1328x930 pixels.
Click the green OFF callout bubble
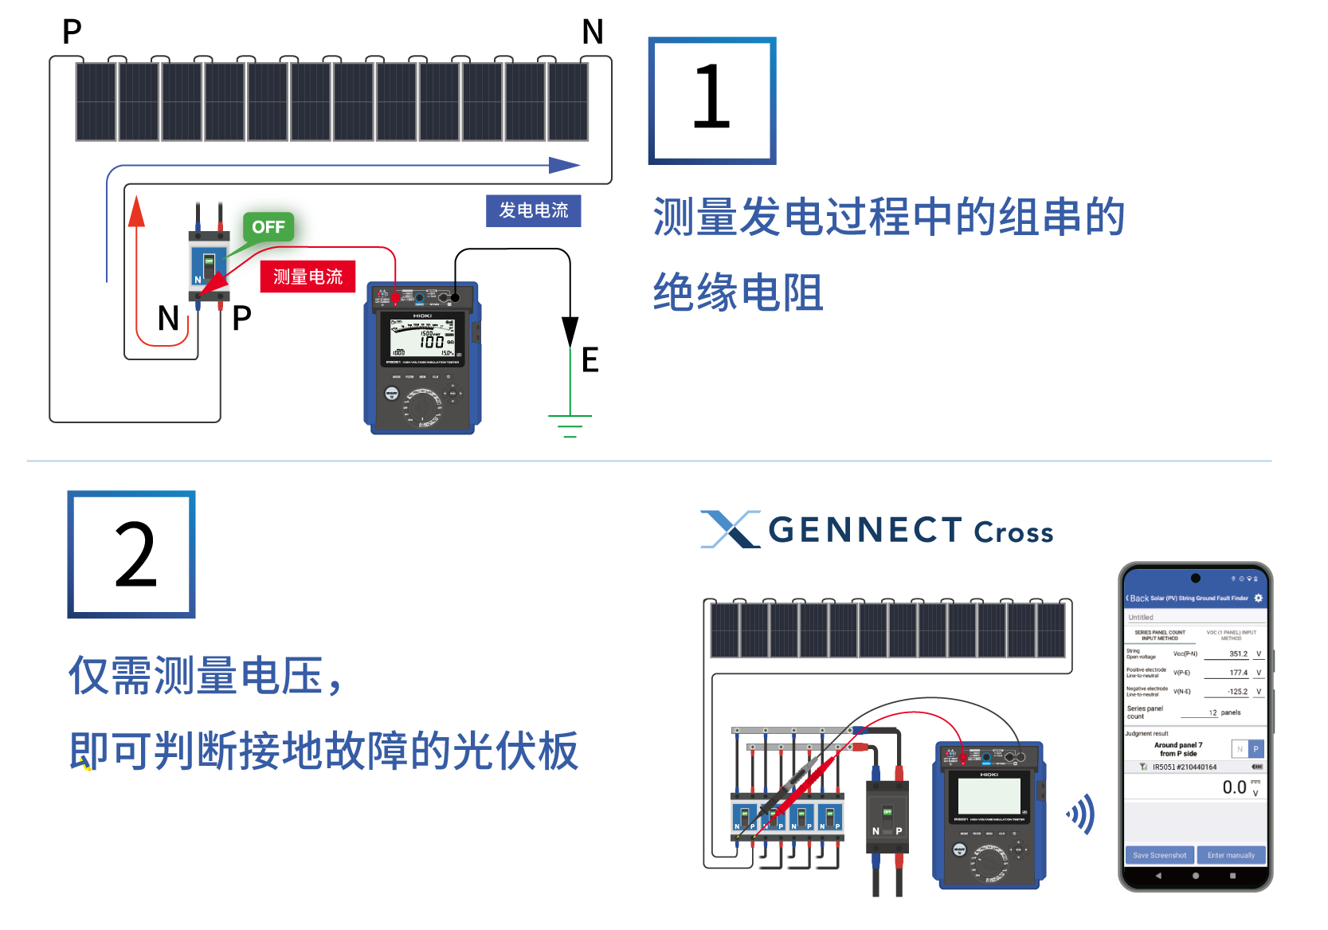coord(268,227)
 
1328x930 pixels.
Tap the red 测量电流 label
coord(308,277)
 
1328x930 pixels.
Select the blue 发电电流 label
coord(533,210)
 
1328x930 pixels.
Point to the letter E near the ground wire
coord(590,360)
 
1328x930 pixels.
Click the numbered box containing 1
coord(712,100)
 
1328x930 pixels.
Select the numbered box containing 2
coord(131,555)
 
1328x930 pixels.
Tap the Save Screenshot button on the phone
coord(1159,855)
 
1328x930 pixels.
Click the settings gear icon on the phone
coord(1259,598)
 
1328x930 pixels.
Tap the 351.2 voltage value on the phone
coord(1238,653)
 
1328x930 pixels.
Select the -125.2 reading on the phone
coord(1237,692)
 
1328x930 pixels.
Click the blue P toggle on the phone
coord(1256,749)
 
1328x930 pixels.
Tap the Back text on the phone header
coord(1138,598)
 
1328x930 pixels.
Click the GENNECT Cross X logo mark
coord(730,529)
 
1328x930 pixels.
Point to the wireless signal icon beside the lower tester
coord(1081,814)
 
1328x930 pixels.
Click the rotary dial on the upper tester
coord(423,406)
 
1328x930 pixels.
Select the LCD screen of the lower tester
coord(989,795)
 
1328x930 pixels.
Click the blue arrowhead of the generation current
coord(564,166)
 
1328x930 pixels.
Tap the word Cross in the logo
coord(1013,532)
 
